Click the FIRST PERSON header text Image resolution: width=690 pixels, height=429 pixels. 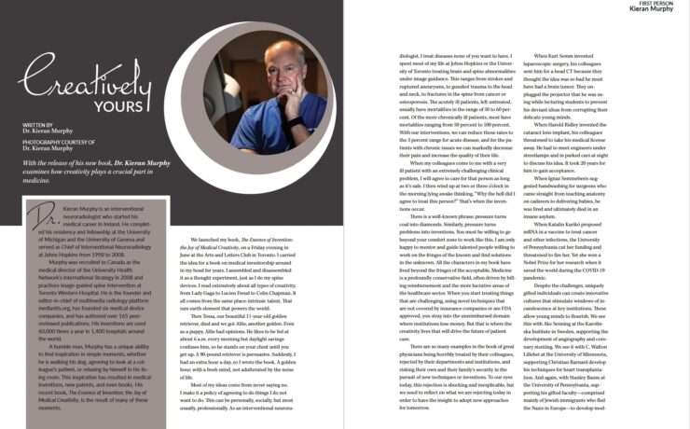tap(667, 5)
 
